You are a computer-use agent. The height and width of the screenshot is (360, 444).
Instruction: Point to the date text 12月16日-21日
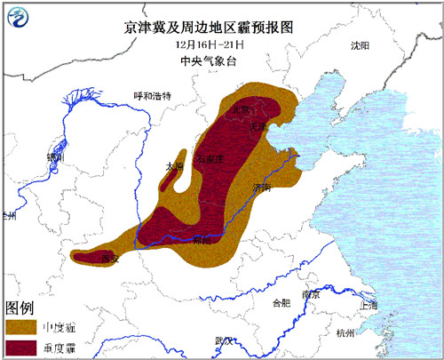[x=221, y=45]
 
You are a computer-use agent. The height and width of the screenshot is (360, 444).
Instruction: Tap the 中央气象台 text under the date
[x=221, y=61]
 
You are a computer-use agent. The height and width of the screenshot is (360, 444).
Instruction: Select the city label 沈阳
[x=359, y=45]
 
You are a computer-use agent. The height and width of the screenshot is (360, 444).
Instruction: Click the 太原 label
[x=174, y=166]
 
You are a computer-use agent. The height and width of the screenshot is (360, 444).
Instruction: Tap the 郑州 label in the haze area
[x=202, y=240]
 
